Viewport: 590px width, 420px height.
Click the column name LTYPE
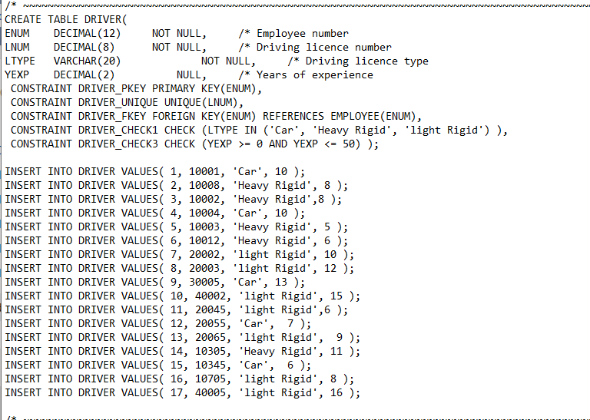(20, 61)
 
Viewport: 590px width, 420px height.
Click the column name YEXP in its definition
(17, 74)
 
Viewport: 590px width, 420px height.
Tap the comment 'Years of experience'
(314, 74)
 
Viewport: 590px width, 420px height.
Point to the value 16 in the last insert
(336, 392)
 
